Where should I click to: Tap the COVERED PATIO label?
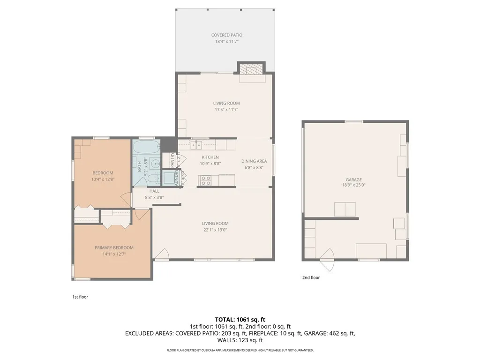227,35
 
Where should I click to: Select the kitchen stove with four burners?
205,180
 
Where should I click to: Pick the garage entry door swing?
327,259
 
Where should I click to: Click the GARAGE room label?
354,180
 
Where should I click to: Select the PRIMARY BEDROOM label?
114,247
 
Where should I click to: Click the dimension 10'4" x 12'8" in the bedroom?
103,179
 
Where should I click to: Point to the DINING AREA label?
254,161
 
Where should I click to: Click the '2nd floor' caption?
311,277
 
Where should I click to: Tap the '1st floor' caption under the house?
80,297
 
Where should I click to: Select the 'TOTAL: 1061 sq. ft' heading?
240,319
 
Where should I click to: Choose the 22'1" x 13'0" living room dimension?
215,230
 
